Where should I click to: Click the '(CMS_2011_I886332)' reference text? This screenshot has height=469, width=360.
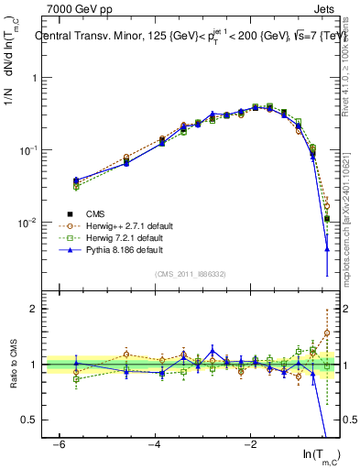pos(191,274)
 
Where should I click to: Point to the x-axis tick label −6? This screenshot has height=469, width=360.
pos(57,444)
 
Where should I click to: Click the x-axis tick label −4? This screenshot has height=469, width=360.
pos(153,444)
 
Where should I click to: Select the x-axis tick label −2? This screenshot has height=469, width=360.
pos(249,444)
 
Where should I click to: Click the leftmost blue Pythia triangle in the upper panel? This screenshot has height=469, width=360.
pos(76,180)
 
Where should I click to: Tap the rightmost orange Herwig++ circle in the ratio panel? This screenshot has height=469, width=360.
pos(327,333)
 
